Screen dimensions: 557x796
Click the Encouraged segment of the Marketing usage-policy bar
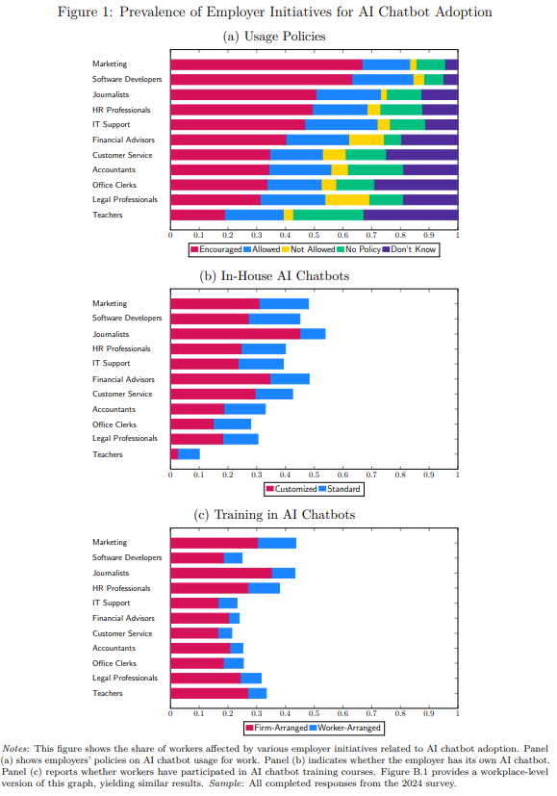tap(266, 64)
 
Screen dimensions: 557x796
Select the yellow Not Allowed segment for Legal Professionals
tap(347, 200)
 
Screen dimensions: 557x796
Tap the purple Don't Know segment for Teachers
tap(411, 215)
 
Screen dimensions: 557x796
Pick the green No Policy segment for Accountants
tap(375, 169)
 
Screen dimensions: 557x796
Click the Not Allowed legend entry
tap(309, 249)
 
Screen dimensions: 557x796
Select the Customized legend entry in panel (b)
tap(291, 489)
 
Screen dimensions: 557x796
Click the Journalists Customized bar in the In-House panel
tap(236, 334)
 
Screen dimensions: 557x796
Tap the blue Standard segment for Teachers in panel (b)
tap(189, 454)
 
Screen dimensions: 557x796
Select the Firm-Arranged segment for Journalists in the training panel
tap(221, 573)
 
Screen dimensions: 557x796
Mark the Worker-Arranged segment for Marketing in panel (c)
tap(277, 543)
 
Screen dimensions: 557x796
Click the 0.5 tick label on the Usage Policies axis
tap(314, 235)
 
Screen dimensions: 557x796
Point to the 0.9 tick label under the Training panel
tap(429, 713)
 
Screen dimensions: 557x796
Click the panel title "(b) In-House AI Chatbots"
tap(274, 276)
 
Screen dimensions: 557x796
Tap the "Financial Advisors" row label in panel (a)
tap(123, 140)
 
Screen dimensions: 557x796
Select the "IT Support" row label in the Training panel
tap(111, 603)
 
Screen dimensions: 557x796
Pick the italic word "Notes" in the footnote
tap(16, 749)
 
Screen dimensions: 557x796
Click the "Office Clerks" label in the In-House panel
tap(114, 424)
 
